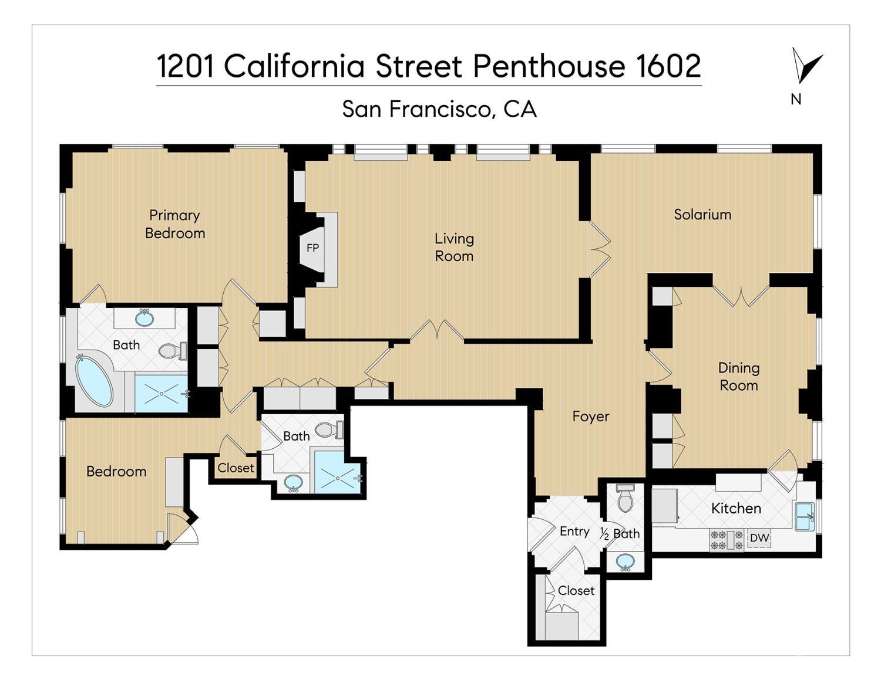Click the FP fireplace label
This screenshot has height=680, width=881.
[x=312, y=248]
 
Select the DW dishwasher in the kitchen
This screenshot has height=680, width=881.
[x=759, y=538]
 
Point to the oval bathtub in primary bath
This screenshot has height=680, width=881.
[x=94, y=381]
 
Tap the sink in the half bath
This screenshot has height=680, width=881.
[x=625, y=561]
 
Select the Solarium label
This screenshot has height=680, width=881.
[x=702, y=215]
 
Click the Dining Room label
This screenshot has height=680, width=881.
[x=738, y=377]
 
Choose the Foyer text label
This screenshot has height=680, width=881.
[x=591, y=417]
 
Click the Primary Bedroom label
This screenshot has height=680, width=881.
[x=175, y=224]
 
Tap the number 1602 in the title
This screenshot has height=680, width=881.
[x=668, y=66]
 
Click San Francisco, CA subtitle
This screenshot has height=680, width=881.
[x=439, y=109]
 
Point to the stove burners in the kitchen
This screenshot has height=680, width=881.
[x=727, y=539]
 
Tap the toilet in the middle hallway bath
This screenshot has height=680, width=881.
[x=327, y=431]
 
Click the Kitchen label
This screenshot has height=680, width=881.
[x=736, y=509]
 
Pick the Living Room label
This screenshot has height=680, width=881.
[x=454, y=247]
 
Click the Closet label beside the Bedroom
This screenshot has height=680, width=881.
[x=236, y=468]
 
